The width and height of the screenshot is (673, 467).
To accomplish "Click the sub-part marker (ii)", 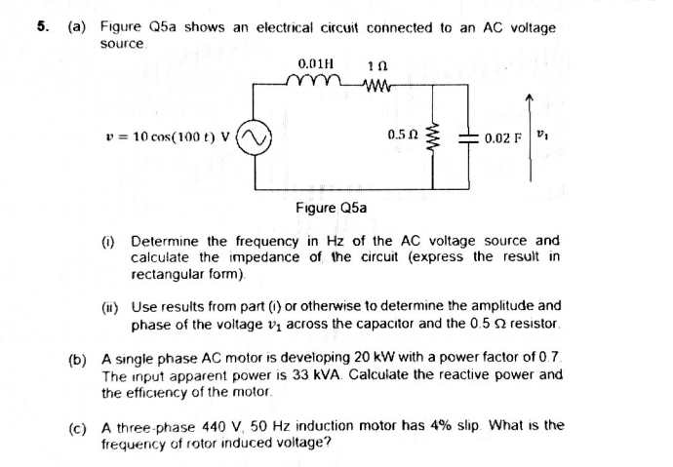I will tap(112, 305).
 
